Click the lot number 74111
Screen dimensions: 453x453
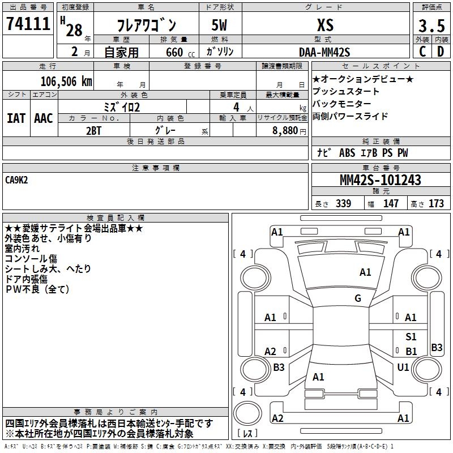pyautogui.click(x=28, y=24)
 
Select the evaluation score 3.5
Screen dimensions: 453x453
pyautogui.click(x=430, y=25)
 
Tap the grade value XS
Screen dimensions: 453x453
pyautogui.click(x=325, y=25)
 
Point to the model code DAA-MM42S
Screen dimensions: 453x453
pyautogui.click(x=325, y=52)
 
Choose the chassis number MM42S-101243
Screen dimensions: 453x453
pyautogui.click(x=380, y=181)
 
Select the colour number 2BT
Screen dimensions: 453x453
pyautogui.click(x=94, y=130)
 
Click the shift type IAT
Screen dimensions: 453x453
pyautogui.click(x=16, y=118)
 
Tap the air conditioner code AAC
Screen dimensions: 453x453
pyautogui.click(x=44, y=118)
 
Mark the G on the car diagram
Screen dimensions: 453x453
pyautogui.click(x=358, y=298)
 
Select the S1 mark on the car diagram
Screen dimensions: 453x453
pyautogui.click(x=411, y=337)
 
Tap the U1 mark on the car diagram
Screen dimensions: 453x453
pyautogui.click(x=403, y=367)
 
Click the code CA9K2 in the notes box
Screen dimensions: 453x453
pyautogui.click(x=17, y=180)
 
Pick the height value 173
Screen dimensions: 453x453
pyautogui.click(x=436, y=204)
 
